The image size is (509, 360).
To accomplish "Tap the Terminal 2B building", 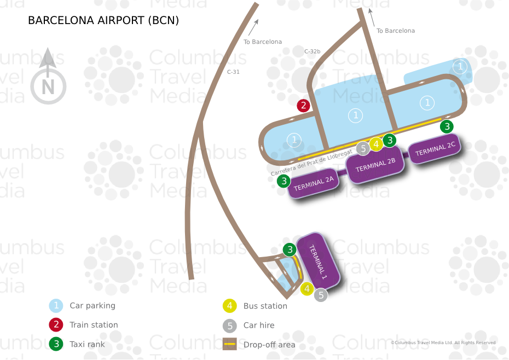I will [x=375, y=166].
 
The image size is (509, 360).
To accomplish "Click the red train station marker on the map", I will [x=303, y=106].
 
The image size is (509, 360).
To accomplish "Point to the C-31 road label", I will [x=233, y=72].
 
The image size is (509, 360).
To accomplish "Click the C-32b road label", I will [x=312, y=51].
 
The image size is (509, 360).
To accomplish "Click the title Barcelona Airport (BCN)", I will [x=103, y=21].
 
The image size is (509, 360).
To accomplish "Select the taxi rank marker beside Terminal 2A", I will [x=284, y=181].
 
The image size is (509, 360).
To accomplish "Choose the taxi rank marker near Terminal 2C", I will [x=447, y=126].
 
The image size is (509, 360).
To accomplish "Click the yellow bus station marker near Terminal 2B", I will [x=376, y=144].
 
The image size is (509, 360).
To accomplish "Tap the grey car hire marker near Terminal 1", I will [x=321, y=295].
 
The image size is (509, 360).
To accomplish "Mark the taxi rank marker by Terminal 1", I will [x=290, y=250].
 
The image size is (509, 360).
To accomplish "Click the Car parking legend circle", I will [x=56, y=306].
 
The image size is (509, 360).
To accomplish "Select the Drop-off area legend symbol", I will [x=230, y=345].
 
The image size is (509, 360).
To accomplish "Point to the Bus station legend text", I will [x=265, y=306].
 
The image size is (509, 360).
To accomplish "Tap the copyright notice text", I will [x=443, y=342].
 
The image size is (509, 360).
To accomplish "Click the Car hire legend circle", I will [x=230, y=326].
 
